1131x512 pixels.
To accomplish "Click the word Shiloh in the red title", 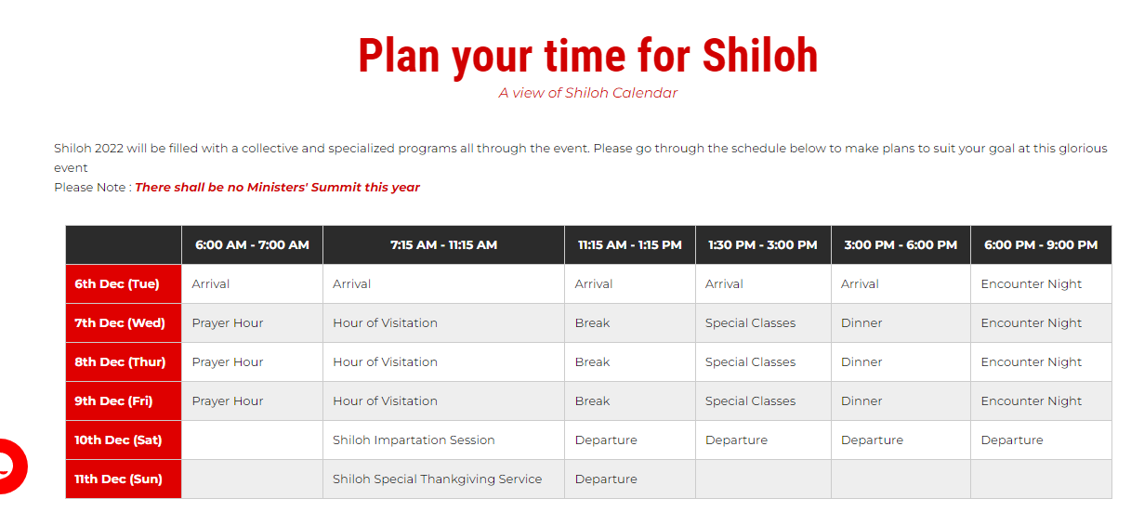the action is tap(759, 56).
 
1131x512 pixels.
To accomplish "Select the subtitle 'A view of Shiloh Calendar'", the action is tap(587, 93).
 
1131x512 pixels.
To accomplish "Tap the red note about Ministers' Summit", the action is tap(277, 188).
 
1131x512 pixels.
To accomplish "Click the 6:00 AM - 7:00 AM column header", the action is tap(252, 245).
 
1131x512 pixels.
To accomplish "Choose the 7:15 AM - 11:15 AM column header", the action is tap(443, 245).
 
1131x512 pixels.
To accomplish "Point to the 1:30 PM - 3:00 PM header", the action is tap(762, 245).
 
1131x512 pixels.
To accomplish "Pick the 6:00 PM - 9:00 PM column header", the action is tap(1041, 245).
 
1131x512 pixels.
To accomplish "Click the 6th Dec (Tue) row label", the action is tap(117, 283).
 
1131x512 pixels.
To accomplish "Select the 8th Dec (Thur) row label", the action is tap(120, 362).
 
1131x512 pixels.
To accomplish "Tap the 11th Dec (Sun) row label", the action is tap(118, 479).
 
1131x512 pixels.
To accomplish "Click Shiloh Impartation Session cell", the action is tap(414, 440).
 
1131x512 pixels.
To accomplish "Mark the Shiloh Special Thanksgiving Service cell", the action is tap(437, 479).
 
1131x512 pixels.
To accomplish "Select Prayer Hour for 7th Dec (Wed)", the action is tap(227, 323).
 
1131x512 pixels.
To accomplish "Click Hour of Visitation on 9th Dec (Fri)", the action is tap(385, 400).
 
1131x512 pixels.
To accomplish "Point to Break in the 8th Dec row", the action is tap(592, 362).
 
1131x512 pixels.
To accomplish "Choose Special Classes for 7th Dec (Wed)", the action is tap(750, 323).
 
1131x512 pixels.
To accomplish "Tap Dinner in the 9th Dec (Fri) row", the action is tap(861, 400).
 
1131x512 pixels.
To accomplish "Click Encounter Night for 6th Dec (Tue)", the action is tap(1031, 284).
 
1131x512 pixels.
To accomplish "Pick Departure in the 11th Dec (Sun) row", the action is tap(606, 479).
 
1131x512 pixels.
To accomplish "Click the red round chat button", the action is tap(10, 466).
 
